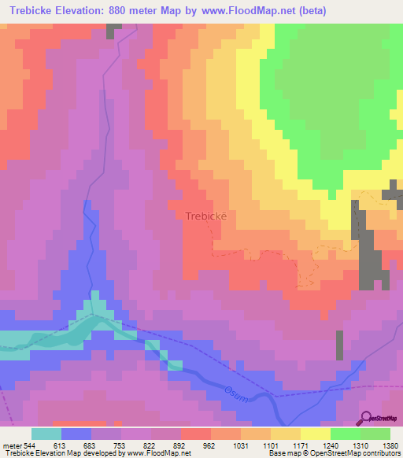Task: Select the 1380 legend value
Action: pos(390,445)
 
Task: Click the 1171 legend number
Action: pos(300,445)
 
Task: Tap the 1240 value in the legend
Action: pos(330,445)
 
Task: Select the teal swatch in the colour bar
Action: pos(46,434)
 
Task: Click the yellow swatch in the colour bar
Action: pos(315,434)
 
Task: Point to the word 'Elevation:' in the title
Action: pos(86,11)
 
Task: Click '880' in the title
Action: pos(128,11)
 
